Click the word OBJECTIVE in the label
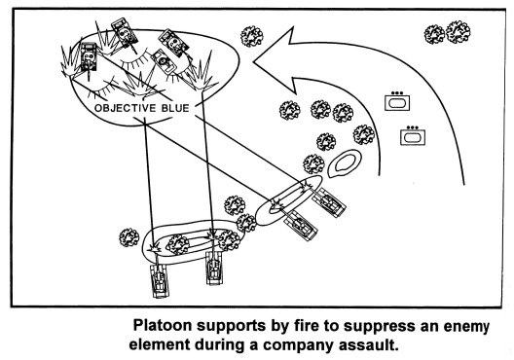pos(126,108)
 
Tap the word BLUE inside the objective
pos(175,108)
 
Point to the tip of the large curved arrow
pos(253,61)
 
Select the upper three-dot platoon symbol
pos(397,101)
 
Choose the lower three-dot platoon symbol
pos(413,135)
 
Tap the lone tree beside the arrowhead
pos(252,36)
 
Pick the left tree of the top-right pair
pos(434,34)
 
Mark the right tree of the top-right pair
pos(458,32)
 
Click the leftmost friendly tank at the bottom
pos(160,279)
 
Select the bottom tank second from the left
pos(215,268)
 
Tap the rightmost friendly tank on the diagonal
pos(329,201)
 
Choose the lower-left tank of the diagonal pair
pos(301,225)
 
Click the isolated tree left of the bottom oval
pos(129,237)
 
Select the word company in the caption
pos(296,345)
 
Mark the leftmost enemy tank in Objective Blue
pos(89,57)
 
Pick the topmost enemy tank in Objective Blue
pos(125,31)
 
